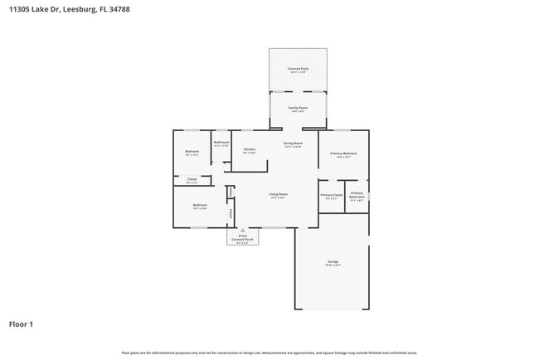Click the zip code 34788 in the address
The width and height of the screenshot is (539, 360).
119,9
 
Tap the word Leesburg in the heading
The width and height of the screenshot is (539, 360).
77,9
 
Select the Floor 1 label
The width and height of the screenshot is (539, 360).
21,324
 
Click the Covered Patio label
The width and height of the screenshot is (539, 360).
298,68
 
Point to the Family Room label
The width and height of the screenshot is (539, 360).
298,108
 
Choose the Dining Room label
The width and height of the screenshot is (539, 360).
293,144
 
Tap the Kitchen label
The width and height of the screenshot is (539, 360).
249,150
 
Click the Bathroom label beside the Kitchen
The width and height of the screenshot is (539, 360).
221,143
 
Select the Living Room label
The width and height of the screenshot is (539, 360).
278,195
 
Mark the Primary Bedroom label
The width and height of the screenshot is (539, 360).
343,153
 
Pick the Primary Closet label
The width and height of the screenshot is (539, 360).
331,195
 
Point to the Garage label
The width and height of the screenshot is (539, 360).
333,262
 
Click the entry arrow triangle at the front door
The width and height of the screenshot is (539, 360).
241,231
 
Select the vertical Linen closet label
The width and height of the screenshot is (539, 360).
231,192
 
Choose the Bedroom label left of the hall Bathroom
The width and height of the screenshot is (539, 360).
192,151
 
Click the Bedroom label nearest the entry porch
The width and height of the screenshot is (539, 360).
200,205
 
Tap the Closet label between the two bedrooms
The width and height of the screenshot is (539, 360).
192,179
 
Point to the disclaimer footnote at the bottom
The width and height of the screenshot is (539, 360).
269,353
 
